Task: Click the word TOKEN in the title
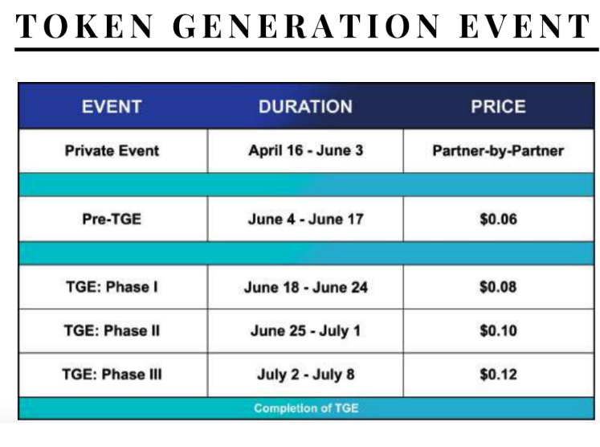coord(84,26)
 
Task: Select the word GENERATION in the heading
coord(306,26)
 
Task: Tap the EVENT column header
coord(112,106)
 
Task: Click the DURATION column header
coord(305,106)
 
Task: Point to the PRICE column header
coord(498,106)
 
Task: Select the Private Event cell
coord(112,150)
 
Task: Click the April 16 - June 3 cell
coord(306,150)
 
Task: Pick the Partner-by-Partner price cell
coord(498,150)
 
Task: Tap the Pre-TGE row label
coord(112,219)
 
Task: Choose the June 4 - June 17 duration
coord(306,219)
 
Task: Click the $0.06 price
coord(498,219)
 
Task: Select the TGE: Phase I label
coord(112,287)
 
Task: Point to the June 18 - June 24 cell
coord(306,287)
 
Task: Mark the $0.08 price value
coord(498,287)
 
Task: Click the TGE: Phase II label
coord(112,330)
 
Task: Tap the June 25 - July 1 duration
coord(306,331)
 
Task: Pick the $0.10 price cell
coord(498,330)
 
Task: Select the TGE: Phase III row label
coord(112,374)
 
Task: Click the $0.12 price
coord(498,374)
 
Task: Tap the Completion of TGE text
coord(306,408)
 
